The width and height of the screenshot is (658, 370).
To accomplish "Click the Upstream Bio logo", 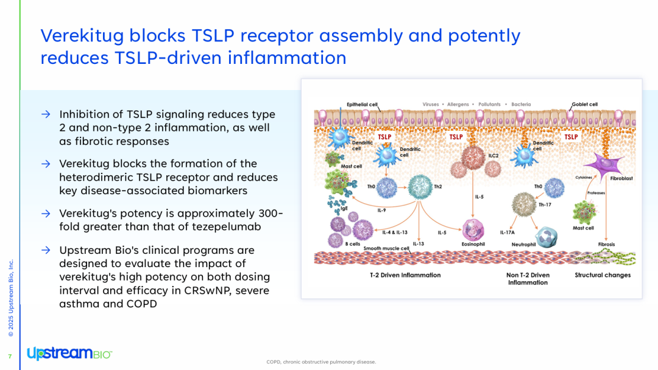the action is click(69, 353).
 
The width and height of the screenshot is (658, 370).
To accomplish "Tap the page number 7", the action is click(10, 357).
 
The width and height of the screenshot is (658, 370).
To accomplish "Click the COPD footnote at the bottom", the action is click(321, 362).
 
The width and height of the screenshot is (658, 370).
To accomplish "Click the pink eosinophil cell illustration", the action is click(473, 230).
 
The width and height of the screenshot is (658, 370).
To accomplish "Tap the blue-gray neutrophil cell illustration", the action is click(547, 237).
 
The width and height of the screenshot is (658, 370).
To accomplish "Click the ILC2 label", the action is click(493, 155).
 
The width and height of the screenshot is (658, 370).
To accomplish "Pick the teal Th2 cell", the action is click(420, 187).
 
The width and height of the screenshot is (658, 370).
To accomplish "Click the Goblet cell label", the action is click(584, 104).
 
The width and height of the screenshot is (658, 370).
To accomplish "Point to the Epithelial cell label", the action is click(362, 104).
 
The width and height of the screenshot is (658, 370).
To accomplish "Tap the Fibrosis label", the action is click(606, 244).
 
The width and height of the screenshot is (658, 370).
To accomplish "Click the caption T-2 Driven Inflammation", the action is click(405, 275).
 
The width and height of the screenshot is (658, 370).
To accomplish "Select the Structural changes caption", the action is click(603, 275).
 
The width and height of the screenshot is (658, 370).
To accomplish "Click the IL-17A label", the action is click(508, 232).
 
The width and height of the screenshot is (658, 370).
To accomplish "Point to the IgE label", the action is click(344, 208).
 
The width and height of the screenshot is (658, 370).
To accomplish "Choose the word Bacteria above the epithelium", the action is click(521, 104).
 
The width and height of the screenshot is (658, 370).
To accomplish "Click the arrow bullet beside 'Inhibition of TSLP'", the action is click(46, 114).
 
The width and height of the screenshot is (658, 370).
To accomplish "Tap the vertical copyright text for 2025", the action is click(11, 298).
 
